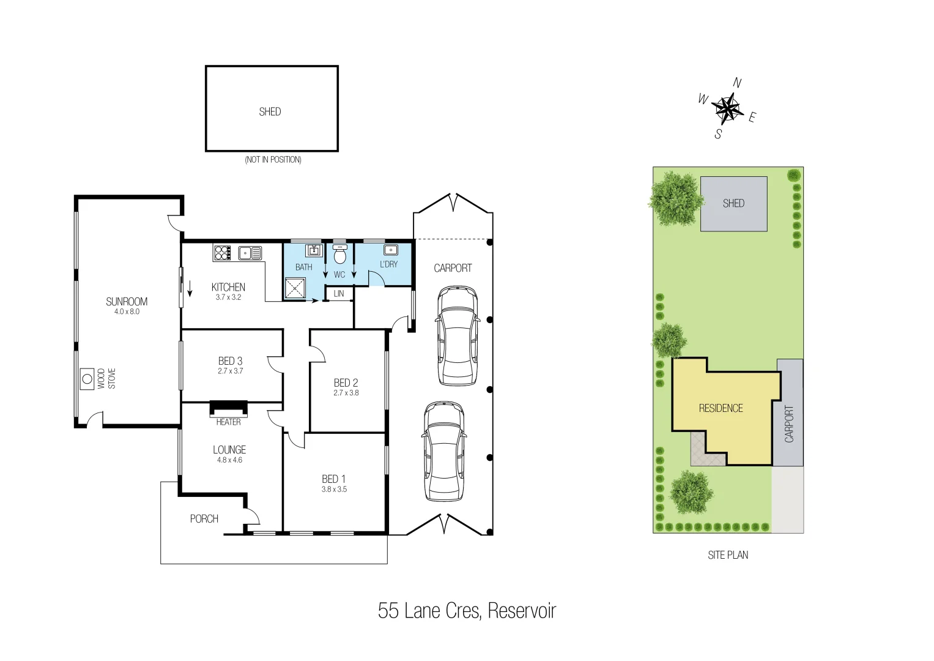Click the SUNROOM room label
tap(127, 301)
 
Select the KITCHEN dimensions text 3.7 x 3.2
tap(228, 297)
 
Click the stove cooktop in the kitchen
tap(221, 252)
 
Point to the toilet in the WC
tap(340, 252)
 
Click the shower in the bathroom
tap(295, 288)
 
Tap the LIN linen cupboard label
tap(339, 294)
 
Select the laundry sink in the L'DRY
tap(390, 250)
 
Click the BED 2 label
tap(346, 383)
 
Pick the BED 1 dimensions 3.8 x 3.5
tap(334, 489)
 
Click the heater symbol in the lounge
tap(229, 408)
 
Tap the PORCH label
tap(204, 518)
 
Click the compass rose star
tap(727, 109)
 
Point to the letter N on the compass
tap(737, 83)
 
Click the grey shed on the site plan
tap(733, 204)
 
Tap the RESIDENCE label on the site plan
tap(721, 408)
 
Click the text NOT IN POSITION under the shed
tap(273, 160)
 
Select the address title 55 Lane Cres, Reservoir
tap(467, 611)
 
